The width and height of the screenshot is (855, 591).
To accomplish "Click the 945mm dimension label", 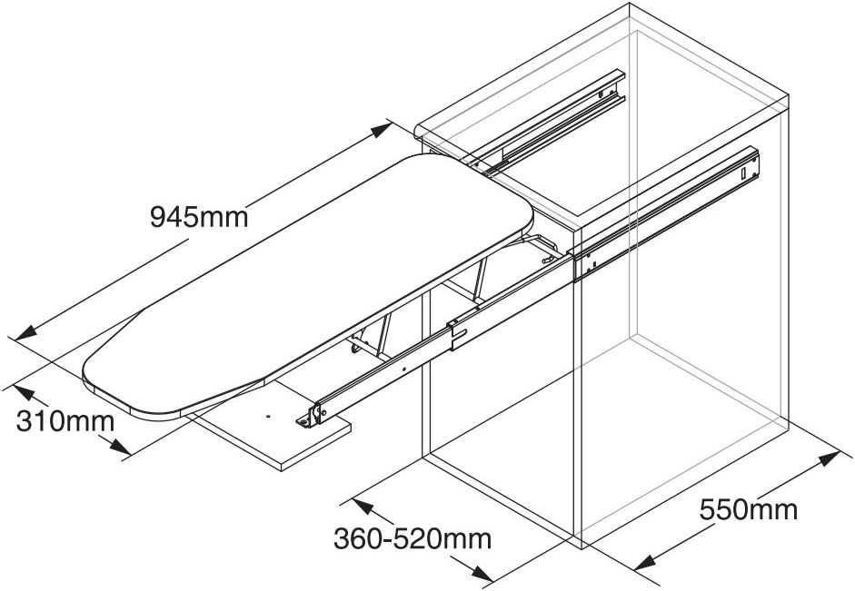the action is coord(199,217).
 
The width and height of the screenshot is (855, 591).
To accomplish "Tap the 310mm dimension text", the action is coord(65,421).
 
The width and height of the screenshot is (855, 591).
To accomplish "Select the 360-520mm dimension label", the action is coord(413,539).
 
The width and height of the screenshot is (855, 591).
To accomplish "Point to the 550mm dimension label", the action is coord(749,510).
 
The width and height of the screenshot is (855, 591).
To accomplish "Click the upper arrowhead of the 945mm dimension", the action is coord(382,130).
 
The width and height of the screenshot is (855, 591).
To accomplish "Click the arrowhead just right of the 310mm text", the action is coord(120,447).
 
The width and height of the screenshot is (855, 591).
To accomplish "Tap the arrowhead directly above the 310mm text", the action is coord(24,393).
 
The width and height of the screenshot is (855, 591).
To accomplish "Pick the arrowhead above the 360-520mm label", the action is coord(363,507).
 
